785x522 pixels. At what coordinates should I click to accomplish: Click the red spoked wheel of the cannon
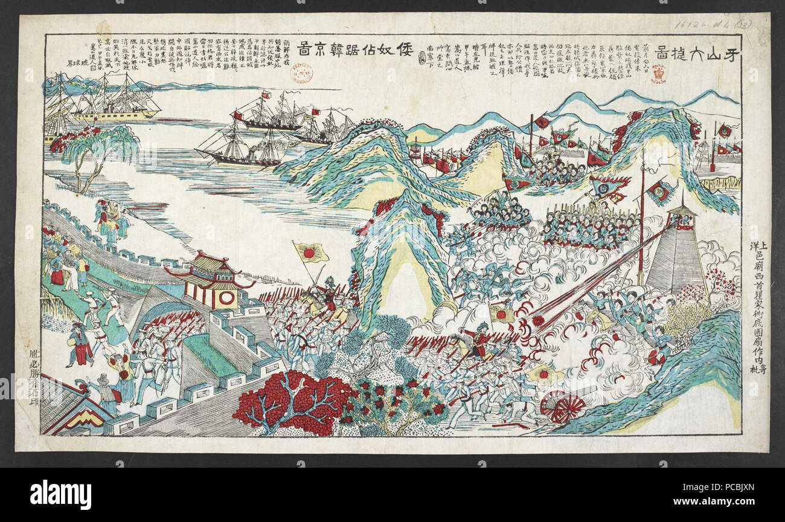(x=563, y=408)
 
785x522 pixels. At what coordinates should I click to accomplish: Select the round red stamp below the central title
(x=300, y=71)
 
